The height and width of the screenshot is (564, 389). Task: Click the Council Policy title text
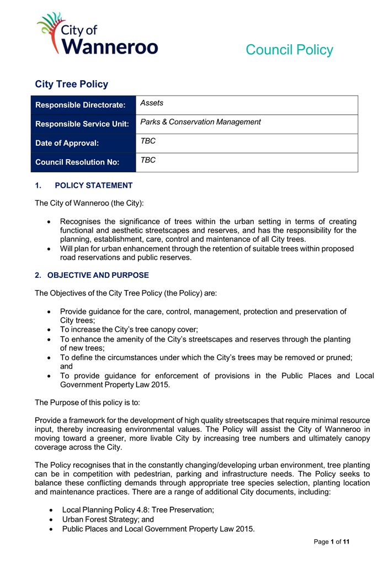pyautogui.click(x=289, y=50)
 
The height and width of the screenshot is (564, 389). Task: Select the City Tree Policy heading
pyautogui.click(x=72, y=85)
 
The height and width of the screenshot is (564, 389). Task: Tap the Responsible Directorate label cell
pyautogui.click(x=81, y=105)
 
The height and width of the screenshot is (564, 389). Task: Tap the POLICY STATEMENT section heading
pyautogui.click(x=94, y=186)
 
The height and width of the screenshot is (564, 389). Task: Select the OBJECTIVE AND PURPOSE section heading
pyautogui.click(x=98, y=275)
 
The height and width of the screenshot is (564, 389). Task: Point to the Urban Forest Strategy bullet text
pyautogui.click(x=108, y=520)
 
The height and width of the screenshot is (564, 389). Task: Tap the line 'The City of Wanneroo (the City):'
pyautogui.click(x=89, y=203)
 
